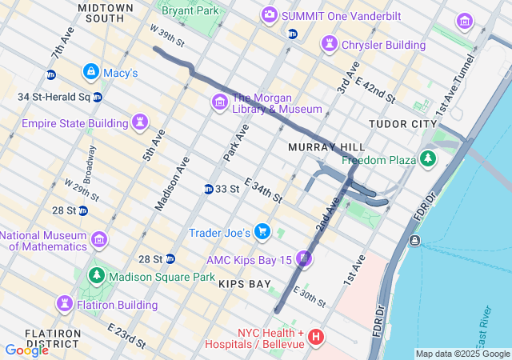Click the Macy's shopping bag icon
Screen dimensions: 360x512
(x=90, y=73)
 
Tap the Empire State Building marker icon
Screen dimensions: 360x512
(x=140, y=123)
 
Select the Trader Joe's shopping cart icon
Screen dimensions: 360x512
(x=262, y=232)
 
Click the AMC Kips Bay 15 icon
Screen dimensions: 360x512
(x=304, y=259)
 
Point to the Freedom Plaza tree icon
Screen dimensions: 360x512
(x=430, y=159)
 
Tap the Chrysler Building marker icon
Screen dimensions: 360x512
(x=329, y=45)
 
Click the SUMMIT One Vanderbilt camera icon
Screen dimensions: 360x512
(x=270, y=14)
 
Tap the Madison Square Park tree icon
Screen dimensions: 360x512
(x=96, y=277)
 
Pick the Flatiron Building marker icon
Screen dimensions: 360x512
(x=64, y=304)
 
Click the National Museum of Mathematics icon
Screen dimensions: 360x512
(x=99, y=240)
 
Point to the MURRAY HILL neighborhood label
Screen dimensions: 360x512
(x=326, y=147)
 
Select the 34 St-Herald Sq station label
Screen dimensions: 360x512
(x=53, y=98)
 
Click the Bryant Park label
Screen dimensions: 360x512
(x=190, y=11)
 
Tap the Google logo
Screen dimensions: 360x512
(x=26, y=350)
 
